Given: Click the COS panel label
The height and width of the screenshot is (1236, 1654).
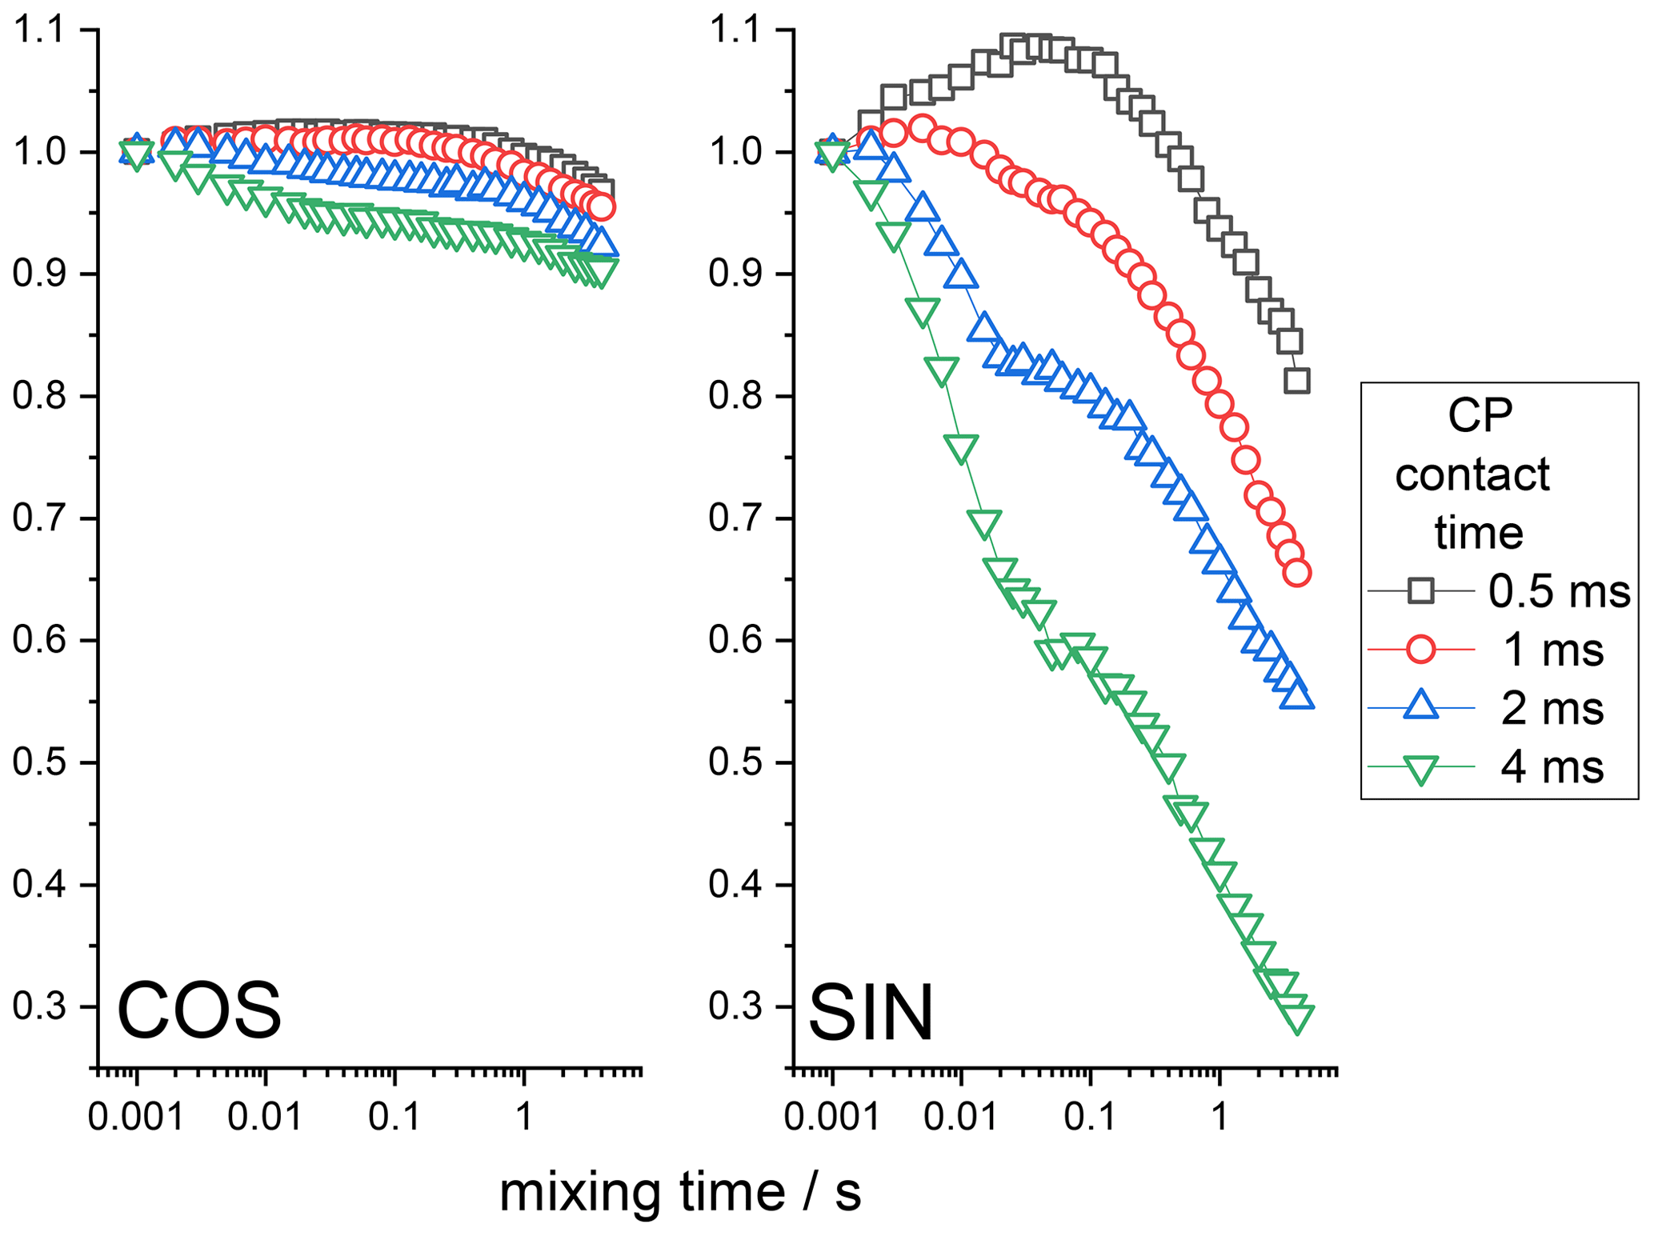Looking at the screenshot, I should coord(199,1010).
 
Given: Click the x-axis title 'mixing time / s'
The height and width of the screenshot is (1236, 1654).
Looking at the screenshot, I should coord(680,1191).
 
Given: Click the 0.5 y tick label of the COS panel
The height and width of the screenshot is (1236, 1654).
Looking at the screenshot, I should coord(38,763).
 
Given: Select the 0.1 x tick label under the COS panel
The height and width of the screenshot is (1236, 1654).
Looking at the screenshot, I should coord(394,1116).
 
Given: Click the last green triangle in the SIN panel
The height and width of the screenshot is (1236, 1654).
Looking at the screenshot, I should coord(1297,1018).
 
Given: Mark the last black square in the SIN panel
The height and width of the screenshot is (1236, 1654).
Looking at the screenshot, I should coord(1297,381).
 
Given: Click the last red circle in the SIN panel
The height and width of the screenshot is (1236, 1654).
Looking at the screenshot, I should coord(1297,573).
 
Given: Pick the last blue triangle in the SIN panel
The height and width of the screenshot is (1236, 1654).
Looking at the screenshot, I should coord(1297,698).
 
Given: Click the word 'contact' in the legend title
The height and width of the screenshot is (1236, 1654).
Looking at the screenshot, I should coord(1472,475).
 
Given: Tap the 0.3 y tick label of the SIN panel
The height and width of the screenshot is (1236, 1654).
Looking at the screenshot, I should coord(735,1007).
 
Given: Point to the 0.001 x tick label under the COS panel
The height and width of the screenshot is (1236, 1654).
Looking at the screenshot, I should coord(136,1116).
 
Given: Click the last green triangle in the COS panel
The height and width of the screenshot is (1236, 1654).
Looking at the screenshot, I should coord(601,273).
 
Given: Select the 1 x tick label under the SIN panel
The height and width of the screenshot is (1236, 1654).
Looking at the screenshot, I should coord(1219,1116).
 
